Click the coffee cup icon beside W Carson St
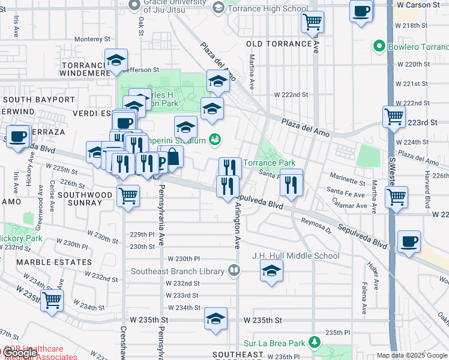click(362, 12)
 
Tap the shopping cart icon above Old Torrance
click(312, 23)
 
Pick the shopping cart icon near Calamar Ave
click(396, 197)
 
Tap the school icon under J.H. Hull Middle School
click(271, 272)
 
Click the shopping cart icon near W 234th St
click(52, 300)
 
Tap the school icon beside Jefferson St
click(116, 61)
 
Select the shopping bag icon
click(172, 157)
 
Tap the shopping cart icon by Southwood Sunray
click(128, 196)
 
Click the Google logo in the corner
click(19, 353)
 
